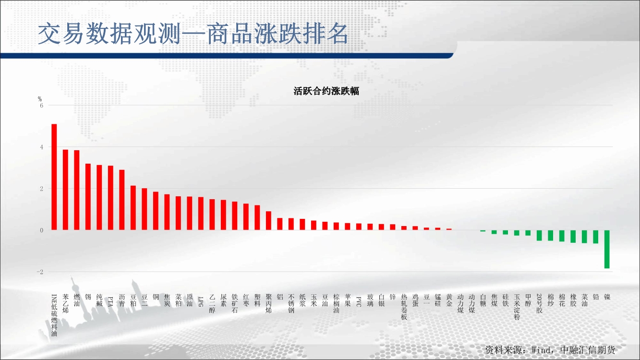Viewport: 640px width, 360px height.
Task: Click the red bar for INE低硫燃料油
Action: tap(54, 177)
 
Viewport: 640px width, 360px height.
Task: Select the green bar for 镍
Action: tap(607, 249)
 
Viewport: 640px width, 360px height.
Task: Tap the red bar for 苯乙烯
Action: tap(65, 190)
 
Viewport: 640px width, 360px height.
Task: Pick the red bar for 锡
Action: tap(88, 197)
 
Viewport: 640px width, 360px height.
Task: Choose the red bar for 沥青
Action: tap(122, 200)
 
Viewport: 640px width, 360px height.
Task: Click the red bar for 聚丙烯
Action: tap(268, 221)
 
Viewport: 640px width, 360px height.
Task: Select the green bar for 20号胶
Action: tap(539, 235)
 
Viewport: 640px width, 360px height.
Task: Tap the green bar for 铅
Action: tap(596, 237)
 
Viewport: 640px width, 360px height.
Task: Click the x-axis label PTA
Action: tap(110, 301)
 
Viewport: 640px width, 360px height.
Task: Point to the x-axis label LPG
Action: tap(201, 301)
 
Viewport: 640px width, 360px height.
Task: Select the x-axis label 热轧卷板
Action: tap(404, 307)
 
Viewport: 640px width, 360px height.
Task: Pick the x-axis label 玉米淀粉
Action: tap(517, 307)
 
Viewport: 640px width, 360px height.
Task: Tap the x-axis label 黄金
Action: tap(449, 300)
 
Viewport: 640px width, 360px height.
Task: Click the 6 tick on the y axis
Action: tap(42, 106)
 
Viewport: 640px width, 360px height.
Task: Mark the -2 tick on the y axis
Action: tap(40, 272)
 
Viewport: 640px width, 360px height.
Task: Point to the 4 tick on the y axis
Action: tap(42, 147)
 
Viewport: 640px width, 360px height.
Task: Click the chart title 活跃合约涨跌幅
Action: tap(326, 91)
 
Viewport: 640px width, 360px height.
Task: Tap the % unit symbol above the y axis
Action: tap(40, 99)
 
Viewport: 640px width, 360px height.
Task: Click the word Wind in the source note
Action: tap(541, 350)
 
